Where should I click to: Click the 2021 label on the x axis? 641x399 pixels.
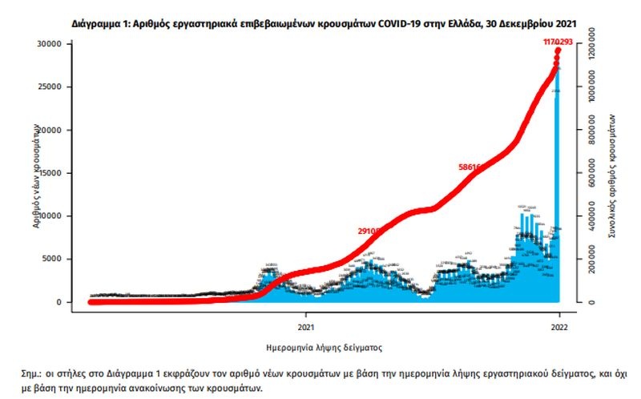304,326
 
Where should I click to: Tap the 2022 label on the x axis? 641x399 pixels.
559,326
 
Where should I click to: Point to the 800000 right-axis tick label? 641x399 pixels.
591,131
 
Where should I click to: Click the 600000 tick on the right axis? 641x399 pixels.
591,174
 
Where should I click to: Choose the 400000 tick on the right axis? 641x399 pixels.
591,217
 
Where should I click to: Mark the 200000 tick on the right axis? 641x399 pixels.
591,260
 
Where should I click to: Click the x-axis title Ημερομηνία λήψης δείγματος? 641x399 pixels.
324,349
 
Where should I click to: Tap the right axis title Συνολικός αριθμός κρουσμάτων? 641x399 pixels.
613,172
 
